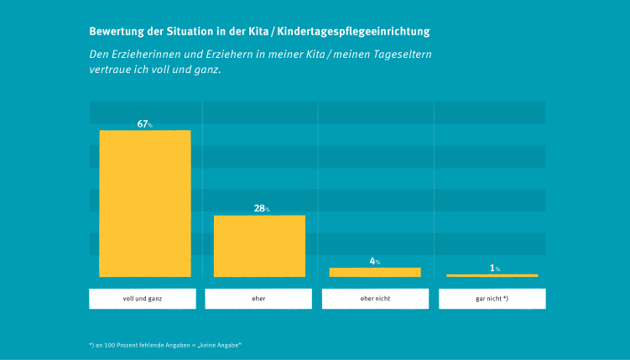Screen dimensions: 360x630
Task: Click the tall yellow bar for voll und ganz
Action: click(x=145, y=203)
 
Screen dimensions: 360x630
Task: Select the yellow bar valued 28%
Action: click(x=259, y=245)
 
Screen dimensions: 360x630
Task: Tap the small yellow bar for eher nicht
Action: click(x=375, y=272)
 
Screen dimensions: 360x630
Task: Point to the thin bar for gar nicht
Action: click(x=492, y=275)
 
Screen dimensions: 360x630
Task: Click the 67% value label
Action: click(x=144, y=124)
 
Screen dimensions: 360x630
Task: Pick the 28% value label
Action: click(x=261, y=208)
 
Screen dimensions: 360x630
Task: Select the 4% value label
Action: click(x=375, y=261)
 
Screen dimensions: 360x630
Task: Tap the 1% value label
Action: click(x=494, y=269)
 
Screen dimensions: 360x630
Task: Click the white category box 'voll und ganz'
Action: click(x=143, y=299)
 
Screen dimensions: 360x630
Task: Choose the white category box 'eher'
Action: click(x=258, y=299)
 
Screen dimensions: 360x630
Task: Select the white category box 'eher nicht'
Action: click(x=375, y=299)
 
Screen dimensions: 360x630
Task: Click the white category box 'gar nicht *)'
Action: click(x=492, y=299)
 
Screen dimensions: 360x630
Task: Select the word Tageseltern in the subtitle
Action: click(x=403, y=55)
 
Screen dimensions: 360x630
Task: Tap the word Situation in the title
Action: click(x=187, y=32)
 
